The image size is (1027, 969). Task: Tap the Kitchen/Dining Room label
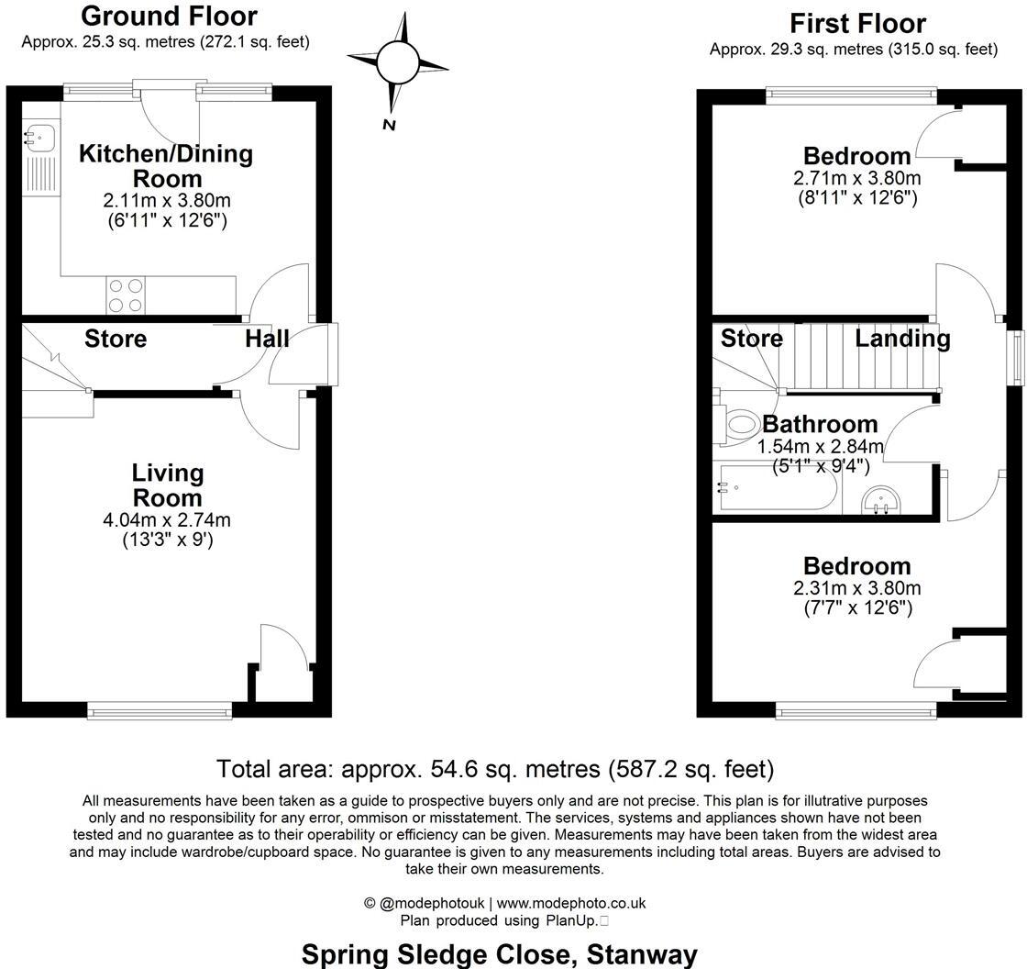166,165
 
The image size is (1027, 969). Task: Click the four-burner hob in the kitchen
126,295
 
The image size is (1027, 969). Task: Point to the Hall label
267,340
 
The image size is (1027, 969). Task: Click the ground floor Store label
116,340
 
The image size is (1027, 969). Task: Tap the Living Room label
167,485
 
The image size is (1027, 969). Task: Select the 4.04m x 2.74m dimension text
167,520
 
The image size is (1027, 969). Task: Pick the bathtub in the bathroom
776,488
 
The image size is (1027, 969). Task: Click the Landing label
902,339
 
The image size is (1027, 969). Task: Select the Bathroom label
820,425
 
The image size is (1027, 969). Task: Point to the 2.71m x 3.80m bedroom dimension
857,178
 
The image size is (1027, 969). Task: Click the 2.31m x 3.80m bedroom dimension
857,588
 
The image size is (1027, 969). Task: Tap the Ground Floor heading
169,16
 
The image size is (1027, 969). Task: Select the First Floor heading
857,23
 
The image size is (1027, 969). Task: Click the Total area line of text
495,768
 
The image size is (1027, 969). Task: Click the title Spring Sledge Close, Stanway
500,954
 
